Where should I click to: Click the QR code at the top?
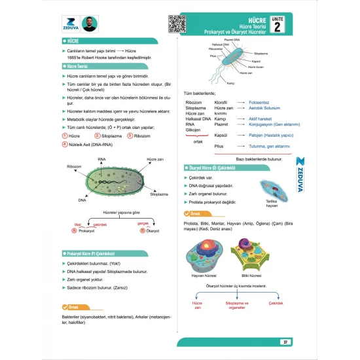pos(177,24)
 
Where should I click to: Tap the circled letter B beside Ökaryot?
pos(141,230)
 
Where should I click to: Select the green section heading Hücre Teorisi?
pos(78,67)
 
